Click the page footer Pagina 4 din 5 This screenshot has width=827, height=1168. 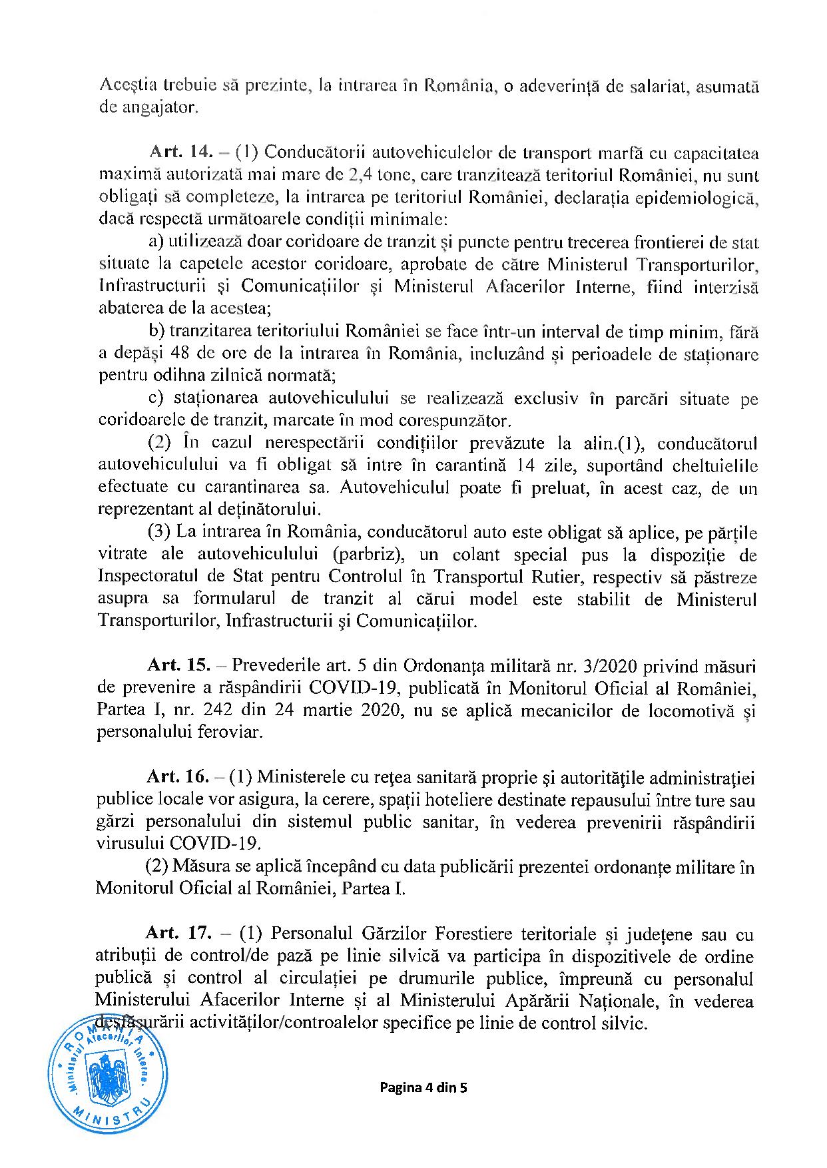point(423,1088)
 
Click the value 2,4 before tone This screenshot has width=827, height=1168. point(362,175)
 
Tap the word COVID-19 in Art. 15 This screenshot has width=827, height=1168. point(351,687)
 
